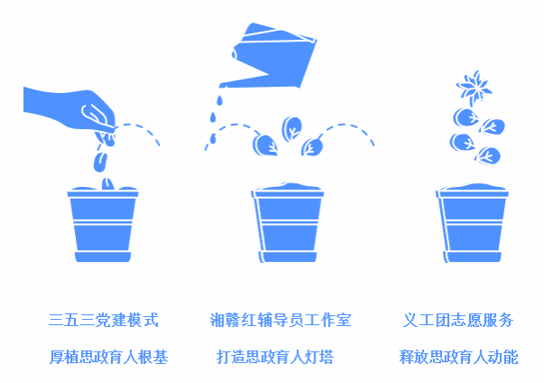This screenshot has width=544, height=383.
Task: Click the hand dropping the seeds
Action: (70, 109)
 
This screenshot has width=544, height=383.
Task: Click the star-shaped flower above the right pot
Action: (474, 88)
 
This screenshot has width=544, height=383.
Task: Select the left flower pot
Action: (103, 224)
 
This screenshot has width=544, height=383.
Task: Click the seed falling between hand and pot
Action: (100, 162)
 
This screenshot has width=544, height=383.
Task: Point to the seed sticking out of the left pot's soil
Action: (108, 184)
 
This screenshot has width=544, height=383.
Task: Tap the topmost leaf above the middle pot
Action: (292, 128)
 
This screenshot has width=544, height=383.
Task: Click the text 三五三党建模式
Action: (103, 320)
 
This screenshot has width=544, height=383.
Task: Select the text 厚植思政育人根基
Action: (108, 357)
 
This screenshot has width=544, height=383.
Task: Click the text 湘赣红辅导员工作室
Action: (280, 320)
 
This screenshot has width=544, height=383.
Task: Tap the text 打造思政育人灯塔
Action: (275, 357)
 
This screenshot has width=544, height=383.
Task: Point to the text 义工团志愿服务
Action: (458, 320)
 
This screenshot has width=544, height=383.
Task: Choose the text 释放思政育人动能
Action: (458, 357)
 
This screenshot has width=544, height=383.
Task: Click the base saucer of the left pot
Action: (103, 257)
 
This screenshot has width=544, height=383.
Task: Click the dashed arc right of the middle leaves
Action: (347, 125)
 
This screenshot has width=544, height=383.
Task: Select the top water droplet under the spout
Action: (220, 100)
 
